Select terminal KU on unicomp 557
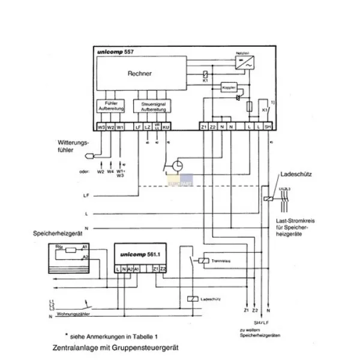click(166, 128)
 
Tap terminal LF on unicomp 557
click(138, 128)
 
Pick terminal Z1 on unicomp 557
click(203, 128)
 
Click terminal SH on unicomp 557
click(268, 128)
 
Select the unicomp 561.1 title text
click(135, 254)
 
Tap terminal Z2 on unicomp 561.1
click(163, 268)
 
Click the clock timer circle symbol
click(178, 166)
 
